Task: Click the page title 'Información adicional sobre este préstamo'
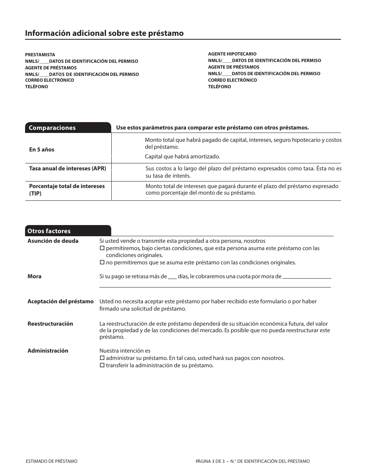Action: click(104, 33)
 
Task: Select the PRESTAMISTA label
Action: click(40, 55)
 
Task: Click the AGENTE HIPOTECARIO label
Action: click(232, 54)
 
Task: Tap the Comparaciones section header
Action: click(52, 128)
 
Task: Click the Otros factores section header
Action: click(49, 231)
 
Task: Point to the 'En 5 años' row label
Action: click(42, 150)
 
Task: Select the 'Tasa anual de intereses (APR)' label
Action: click(67, 168)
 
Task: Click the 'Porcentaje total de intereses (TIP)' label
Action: click(67, 190)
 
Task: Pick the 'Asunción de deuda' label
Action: click(53, 241)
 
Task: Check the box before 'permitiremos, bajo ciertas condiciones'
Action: click(102, 249)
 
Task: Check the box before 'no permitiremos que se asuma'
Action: click(102, 263)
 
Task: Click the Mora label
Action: click(34, 276)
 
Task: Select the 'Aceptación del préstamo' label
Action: click(60, 301)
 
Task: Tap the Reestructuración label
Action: click(50, 324)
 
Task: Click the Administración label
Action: click(48, 351)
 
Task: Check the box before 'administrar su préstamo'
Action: click(102, 358)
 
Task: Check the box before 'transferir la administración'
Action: click(102, 366)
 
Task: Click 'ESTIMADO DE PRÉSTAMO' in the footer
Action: click(51, 461)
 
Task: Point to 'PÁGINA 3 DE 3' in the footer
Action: click(210, 461)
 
